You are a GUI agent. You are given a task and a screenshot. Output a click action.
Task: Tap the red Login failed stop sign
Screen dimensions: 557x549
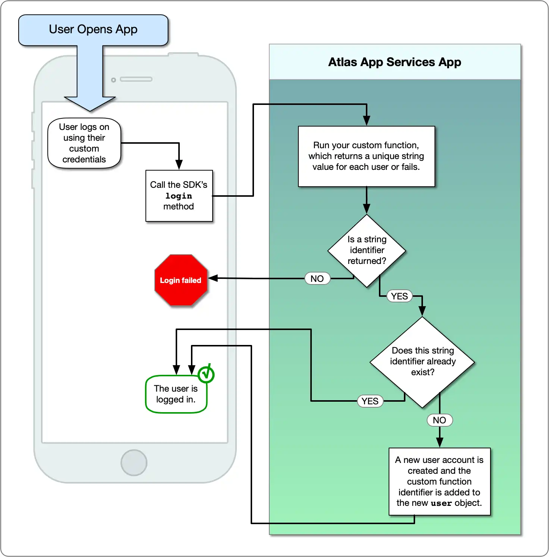181,280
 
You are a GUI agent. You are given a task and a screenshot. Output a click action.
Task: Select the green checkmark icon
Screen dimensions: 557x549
206,374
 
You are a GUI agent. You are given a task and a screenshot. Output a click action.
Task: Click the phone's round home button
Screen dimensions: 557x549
134,463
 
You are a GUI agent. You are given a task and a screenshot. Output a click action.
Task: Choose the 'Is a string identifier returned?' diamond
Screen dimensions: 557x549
367,251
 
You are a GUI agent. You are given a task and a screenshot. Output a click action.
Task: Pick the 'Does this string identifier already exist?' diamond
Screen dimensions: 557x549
422,362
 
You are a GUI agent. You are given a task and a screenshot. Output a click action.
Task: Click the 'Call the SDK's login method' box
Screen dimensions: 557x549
179,196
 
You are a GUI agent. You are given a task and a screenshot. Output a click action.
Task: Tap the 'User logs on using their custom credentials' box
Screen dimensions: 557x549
84,143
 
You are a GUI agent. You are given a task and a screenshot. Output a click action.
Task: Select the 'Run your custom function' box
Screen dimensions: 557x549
366,156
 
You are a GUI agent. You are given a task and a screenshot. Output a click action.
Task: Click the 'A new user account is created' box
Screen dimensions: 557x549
439,482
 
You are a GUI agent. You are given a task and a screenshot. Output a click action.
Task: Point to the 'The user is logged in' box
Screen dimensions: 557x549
176,394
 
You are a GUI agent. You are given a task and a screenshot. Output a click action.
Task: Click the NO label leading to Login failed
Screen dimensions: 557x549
317,278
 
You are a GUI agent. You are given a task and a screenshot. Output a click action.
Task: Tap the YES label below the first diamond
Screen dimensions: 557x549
399,296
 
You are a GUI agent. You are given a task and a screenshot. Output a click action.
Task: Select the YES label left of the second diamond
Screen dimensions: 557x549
370,401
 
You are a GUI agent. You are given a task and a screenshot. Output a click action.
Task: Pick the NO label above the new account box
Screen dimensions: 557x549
439,420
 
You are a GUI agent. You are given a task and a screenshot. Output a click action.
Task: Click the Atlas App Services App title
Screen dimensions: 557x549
395,62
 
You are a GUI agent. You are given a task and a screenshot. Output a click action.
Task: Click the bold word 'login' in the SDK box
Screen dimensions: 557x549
179,196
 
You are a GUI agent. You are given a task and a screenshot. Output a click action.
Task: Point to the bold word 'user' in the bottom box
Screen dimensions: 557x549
441,503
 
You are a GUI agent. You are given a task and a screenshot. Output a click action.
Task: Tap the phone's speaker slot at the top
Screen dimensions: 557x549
136,79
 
